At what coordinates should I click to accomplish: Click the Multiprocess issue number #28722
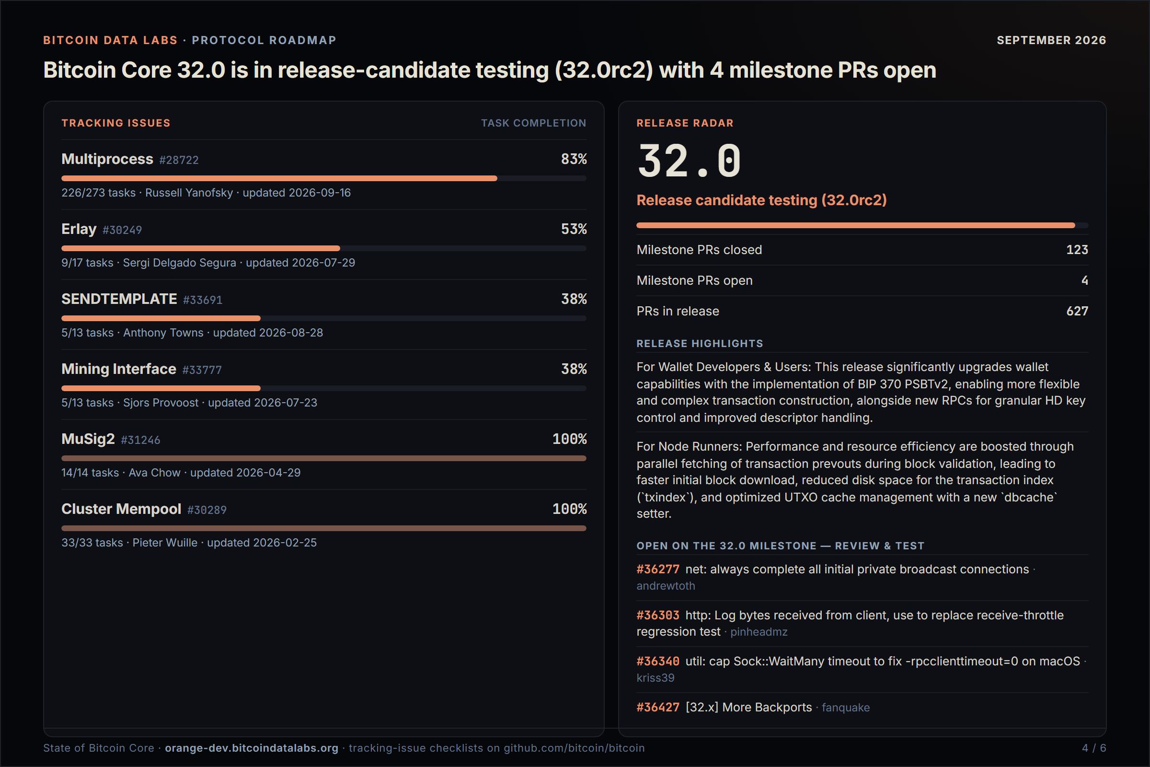tap(179, 160)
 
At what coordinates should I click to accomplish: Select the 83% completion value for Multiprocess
tap(574, 159)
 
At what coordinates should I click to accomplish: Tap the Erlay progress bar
tap(324, 248)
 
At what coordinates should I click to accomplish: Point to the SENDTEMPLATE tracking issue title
tap(119, 299)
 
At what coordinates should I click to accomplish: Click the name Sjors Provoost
tap(161, 403)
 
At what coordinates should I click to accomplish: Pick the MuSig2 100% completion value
tap(570, 439)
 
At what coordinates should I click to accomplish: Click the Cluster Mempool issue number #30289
tap(207, 510)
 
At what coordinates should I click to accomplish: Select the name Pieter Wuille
tap(165, 543)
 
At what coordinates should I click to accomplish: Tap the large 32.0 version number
tap(689, 161)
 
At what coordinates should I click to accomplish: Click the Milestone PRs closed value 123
tap(1077, 250)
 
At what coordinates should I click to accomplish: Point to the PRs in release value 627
tap(1077, 311)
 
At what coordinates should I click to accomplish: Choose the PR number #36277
tap(657, 569)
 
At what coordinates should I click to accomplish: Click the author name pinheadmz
tap(759, 632)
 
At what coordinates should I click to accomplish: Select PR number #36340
tap(657, 662)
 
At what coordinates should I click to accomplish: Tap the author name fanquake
tap(846, 708)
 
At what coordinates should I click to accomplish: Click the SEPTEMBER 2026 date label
tap(1051, 40)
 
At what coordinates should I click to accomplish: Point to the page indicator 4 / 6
tap(1094, 748)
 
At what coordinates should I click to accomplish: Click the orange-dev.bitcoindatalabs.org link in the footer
tap(251, 748)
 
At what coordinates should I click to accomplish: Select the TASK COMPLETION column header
tap(533, 123)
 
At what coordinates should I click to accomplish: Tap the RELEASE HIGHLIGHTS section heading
tap(700, 344)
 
